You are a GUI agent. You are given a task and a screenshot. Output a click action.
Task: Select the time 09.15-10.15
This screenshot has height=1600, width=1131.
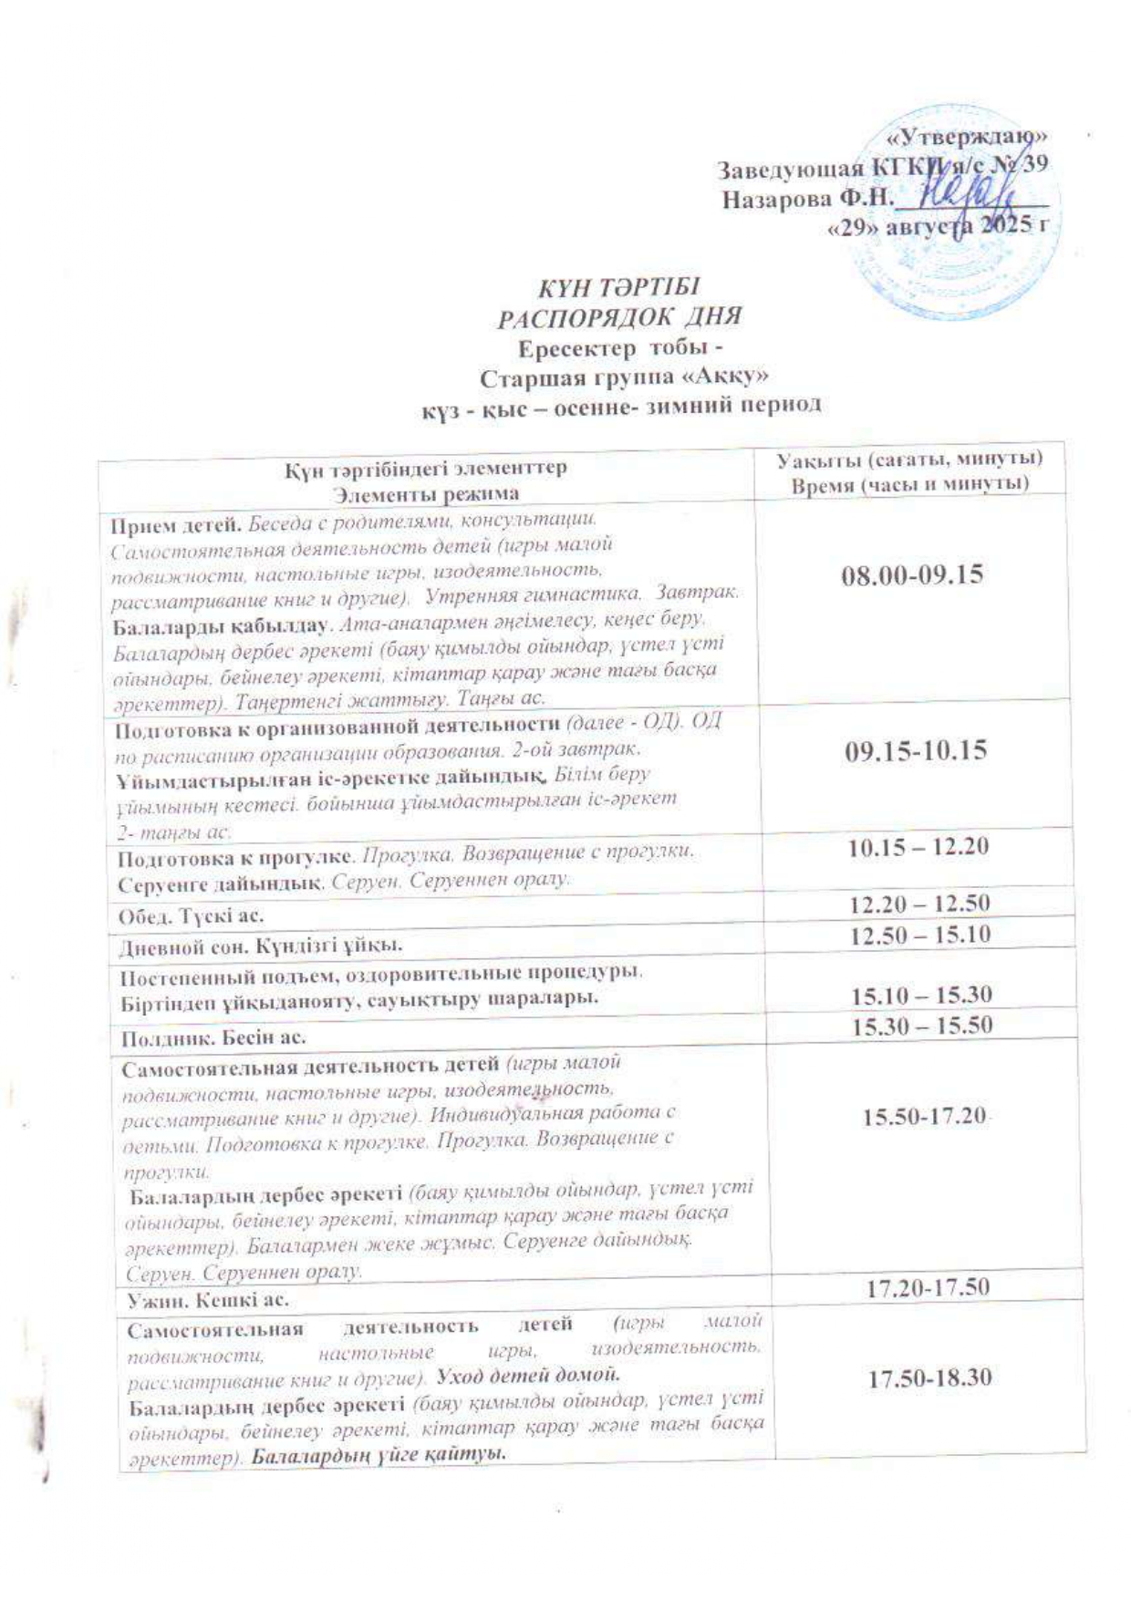917,751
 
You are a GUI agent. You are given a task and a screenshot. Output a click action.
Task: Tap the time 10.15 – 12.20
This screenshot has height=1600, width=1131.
918,847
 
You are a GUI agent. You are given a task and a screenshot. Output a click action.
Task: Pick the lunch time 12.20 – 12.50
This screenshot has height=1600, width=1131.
919,904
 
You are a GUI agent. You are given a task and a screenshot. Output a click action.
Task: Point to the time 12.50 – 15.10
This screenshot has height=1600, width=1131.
920,934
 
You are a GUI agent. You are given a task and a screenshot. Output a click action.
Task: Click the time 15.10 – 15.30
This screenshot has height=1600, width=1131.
921,995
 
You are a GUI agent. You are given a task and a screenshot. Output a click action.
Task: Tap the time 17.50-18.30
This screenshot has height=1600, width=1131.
929,1378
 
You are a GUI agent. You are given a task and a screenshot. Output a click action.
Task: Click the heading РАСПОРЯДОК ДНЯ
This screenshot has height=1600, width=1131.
617,316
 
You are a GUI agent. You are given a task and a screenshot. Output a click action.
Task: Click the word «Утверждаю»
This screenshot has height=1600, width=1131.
967,138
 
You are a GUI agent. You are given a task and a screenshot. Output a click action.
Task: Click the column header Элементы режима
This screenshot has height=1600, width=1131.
426,494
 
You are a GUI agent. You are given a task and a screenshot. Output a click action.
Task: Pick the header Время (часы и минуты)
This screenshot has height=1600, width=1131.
909,484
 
